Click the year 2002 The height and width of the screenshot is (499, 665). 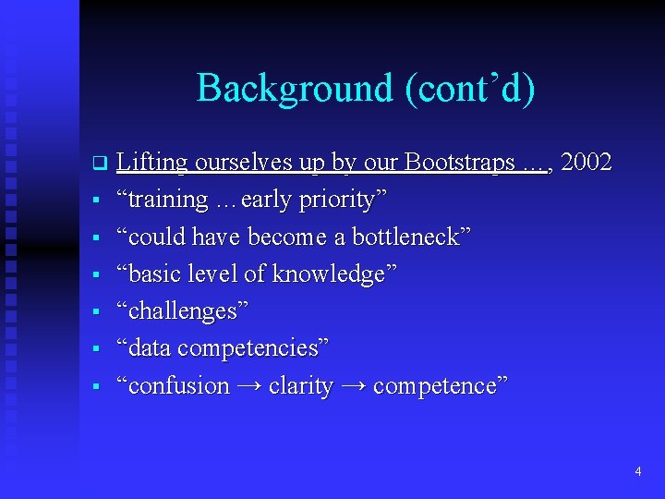pos(586,163)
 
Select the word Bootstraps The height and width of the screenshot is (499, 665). pos(459,163)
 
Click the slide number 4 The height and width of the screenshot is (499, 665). pos(637,472)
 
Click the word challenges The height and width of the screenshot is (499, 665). pos(182,311)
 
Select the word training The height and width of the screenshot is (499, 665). pos(169,200)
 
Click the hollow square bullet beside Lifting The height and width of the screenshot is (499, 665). pos(96,164)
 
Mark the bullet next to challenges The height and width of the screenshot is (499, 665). pos(96,312)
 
